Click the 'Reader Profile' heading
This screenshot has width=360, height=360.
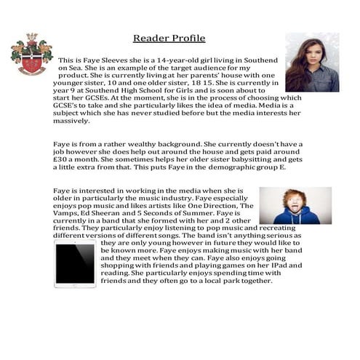(169, 38)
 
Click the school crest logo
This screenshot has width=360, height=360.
(31, 55)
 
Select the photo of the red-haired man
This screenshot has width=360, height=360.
(295, 206)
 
